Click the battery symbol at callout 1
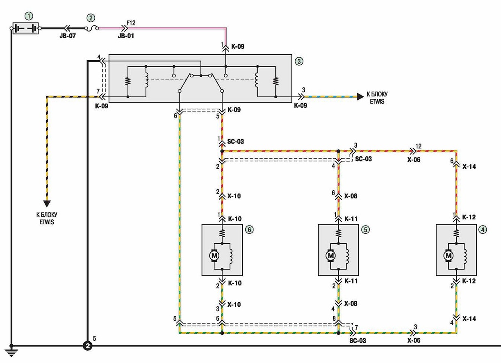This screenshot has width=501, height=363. (25, 28)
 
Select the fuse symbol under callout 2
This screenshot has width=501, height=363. (92, 28)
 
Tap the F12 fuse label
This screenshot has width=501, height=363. (131, 23)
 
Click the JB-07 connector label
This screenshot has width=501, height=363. (68, 36)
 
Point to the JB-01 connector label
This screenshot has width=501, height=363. (126, 36)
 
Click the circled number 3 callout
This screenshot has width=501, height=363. (299, 61)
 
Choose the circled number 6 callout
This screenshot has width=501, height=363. (249, 230)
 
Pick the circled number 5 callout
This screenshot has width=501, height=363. (365, 230)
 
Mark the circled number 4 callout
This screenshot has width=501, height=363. (483, 230)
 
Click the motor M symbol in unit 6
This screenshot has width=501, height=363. (214, 256)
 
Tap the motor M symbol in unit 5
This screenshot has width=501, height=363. (330, 256)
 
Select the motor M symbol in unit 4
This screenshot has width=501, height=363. (449, 256)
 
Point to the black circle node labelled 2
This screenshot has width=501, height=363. (87, 346)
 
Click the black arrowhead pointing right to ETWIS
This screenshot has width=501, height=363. (360, 97)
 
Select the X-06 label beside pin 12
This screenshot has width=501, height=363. (414, 160)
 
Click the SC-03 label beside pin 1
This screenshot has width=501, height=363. (235, 142)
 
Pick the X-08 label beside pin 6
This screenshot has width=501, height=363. (351, 196)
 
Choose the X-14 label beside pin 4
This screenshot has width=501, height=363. (469, 319)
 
